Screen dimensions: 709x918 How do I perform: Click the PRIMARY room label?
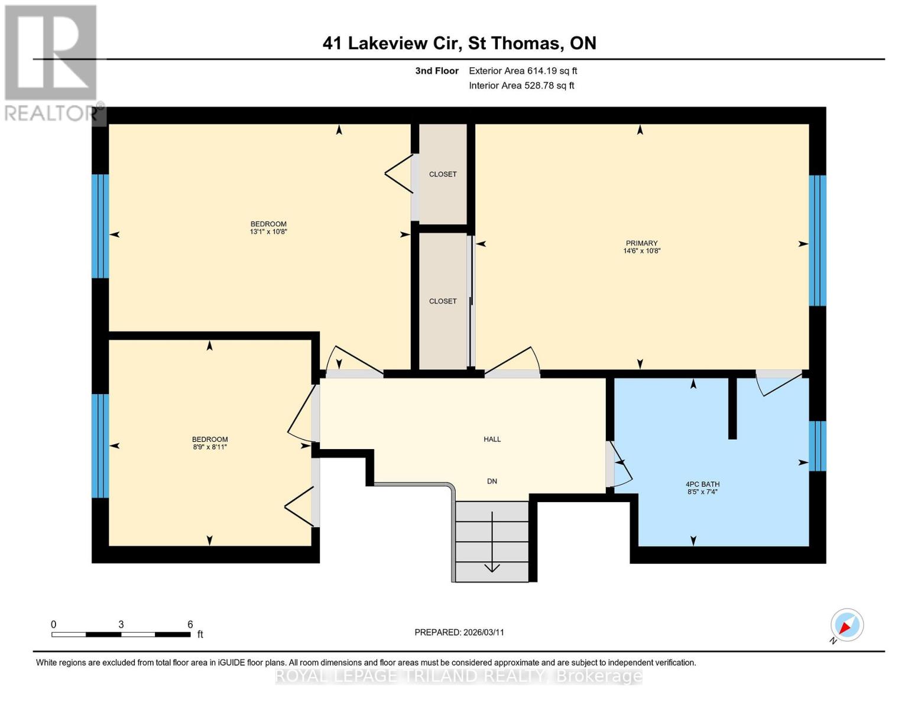pos(641,243)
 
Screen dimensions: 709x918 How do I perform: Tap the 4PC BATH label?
pos(702,484)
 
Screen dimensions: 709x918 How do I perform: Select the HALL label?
pos(492,439)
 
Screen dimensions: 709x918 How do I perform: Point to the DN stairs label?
pos(492,481)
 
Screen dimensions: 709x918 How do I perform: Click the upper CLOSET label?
pos(443,174)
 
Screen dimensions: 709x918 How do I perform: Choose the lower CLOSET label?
pos(443,301)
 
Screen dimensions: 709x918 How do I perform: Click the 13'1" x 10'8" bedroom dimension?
pos(268,232)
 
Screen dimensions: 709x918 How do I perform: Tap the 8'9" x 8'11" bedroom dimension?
pos(210,447)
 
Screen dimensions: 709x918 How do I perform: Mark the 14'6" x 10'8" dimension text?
pos(641,251)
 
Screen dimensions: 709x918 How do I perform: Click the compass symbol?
pos(846,625)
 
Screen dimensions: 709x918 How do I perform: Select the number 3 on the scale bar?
pos(121,625)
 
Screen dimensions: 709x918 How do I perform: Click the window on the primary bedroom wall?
pos(818,240)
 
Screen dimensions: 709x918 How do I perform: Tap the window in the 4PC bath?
pos(818,445)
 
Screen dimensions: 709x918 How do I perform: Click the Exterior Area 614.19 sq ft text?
pos(523,71)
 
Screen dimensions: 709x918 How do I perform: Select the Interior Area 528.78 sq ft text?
pos(521,86)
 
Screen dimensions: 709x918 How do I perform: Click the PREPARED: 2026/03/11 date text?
pos(459,632)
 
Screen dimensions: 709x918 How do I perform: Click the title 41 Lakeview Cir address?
pos(459,43)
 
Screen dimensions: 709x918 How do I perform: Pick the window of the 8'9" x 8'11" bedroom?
pos(100,445)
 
